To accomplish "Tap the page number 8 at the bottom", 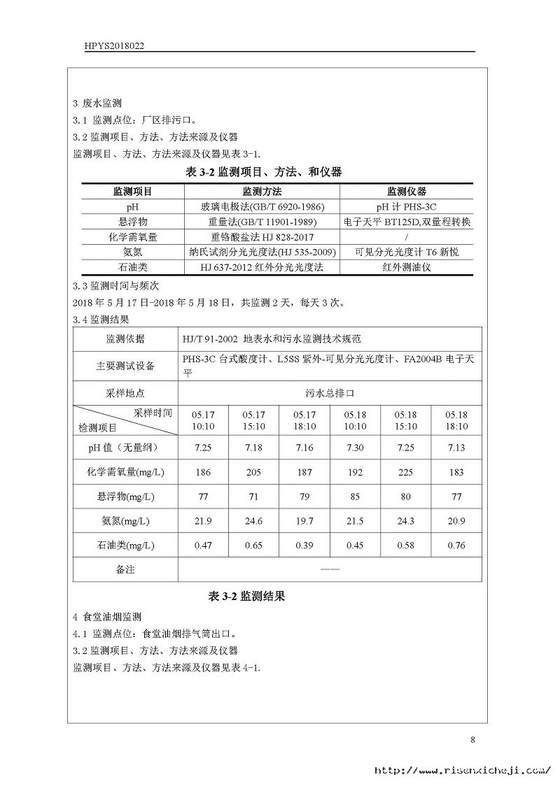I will coord(472,739).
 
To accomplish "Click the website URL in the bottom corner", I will coord(462,771).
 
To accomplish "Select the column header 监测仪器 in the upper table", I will coord(407,192).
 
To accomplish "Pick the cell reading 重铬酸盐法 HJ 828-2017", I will coord(262,237).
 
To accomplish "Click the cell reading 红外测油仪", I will coord(407,267).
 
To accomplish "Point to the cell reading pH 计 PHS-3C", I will coord(407,207).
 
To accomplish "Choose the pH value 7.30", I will coord(355,448).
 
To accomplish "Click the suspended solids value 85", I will coord(355,497).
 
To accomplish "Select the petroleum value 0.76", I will coord(456,546).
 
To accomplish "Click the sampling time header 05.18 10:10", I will coord(355,420).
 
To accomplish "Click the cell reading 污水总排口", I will coord(330,393).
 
